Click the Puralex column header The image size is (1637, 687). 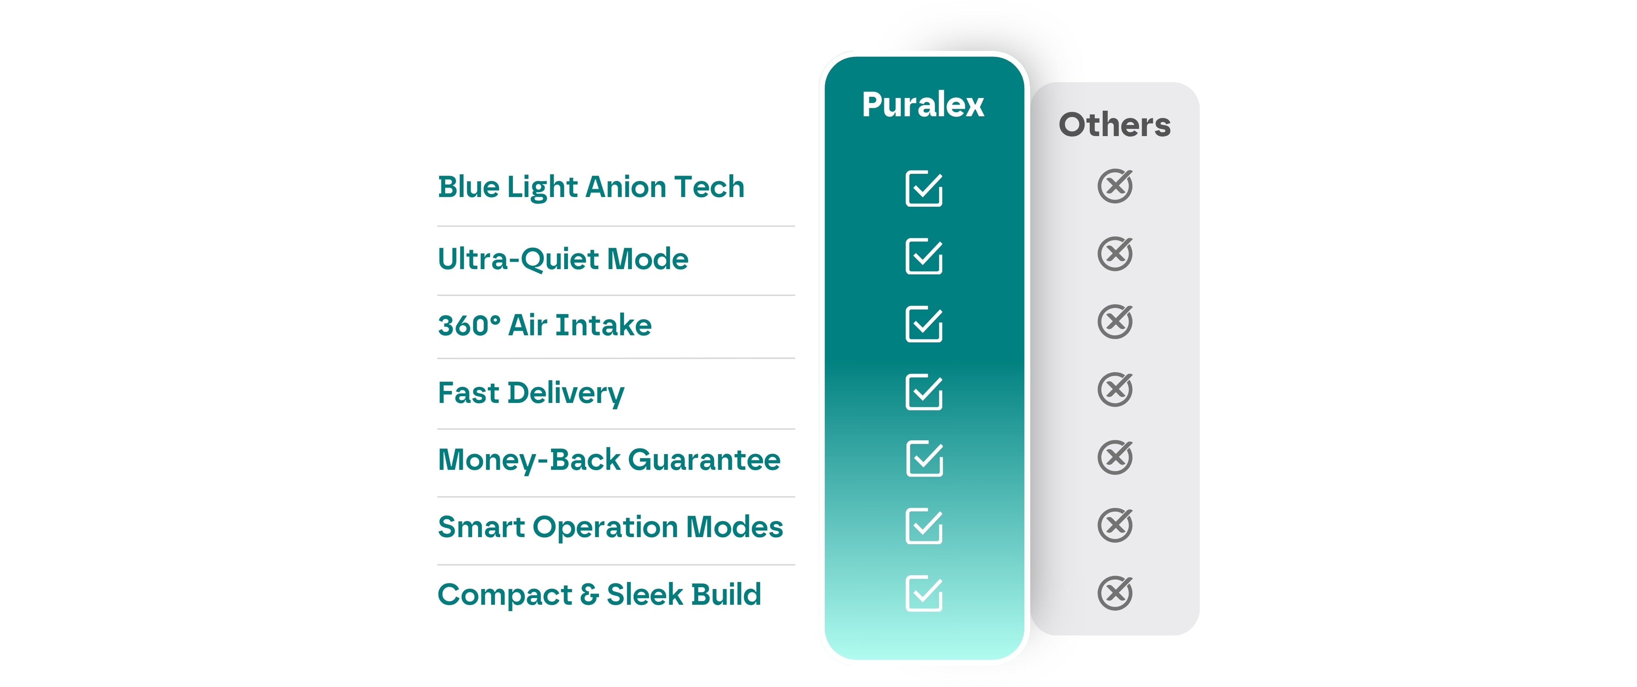[923, 105]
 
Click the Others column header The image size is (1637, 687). [1115, 124]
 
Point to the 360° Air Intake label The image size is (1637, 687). [545, 325]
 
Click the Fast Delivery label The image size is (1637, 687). [531, 393]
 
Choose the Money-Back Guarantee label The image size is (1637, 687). [609, 460]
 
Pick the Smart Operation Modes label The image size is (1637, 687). [610, 527]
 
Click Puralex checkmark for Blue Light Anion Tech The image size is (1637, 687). [924, 189]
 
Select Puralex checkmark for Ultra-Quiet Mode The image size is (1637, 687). [924, 256]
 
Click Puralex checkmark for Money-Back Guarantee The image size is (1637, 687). [924, 458]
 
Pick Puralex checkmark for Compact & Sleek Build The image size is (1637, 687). [924, 594]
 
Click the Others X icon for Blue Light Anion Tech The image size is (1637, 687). [1115, 186]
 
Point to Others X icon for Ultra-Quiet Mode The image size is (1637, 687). [1115, 254]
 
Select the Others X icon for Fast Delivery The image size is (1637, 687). [1115, 389]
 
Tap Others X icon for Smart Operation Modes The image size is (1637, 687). [1115, 525]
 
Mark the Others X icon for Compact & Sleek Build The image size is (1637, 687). [1115, 593]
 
